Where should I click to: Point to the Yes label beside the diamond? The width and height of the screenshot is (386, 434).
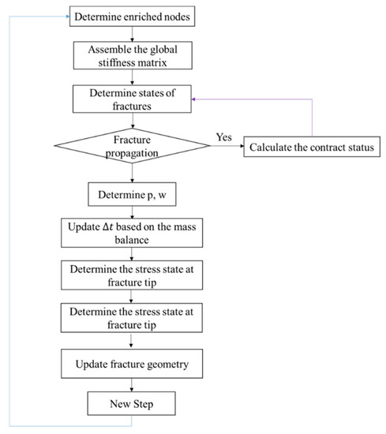pos(223,137)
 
